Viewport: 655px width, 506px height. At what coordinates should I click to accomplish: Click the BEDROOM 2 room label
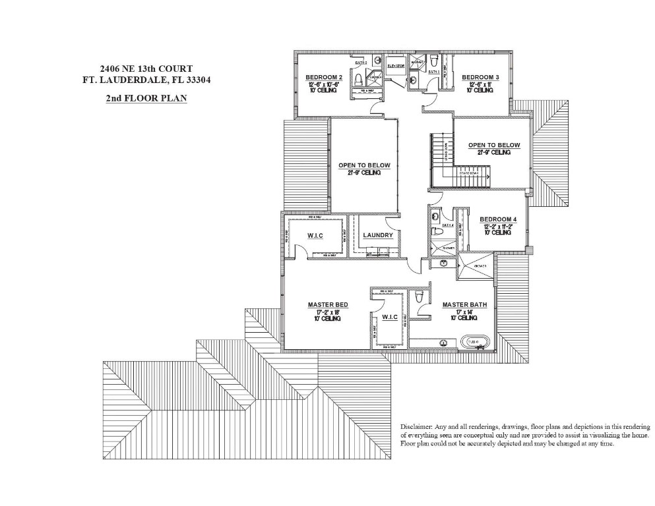[x=322, y=77]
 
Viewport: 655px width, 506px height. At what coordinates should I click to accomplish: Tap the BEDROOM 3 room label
[x=480, y=77]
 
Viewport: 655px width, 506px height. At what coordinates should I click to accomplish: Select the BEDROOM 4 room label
[x=498, y=219]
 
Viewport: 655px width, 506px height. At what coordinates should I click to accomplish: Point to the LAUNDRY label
[x=378, y=235]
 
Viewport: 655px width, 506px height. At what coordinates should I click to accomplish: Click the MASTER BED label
[x=328, y=304]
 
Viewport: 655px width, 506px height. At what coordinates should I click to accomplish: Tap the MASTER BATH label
[x=464, y=304]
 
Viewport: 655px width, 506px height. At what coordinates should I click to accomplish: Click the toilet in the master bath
[x=420, y=298]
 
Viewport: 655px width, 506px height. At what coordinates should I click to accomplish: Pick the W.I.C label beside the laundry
[x=315, y=235]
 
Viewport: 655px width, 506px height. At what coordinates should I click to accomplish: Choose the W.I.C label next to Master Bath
[x=390, y=317]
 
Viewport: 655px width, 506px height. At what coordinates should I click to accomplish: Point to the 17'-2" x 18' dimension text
[x=328, y=311]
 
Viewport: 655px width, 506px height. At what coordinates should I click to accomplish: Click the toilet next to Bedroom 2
[x=358, y=80]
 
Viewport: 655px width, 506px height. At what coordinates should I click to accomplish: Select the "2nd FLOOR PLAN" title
[x=146, y=99]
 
